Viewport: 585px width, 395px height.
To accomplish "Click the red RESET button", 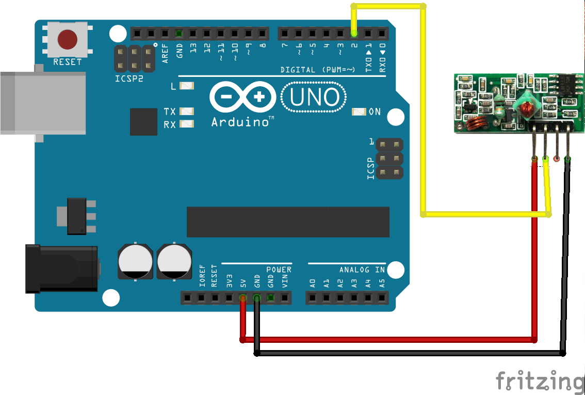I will tap(67, 39).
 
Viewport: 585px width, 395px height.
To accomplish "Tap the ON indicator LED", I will tap(359, 112).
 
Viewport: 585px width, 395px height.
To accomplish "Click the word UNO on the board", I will tap(315, 97).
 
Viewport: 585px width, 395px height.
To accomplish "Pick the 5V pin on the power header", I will tap(242, 297).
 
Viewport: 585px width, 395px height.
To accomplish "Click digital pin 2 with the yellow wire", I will tap(354, 34).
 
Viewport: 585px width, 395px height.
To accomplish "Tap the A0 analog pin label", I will tap(312, 283).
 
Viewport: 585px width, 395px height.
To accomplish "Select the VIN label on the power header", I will tap(284, 282).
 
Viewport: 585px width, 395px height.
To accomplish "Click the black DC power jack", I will tap(62, 268).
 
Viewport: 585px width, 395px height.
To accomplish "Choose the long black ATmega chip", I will tap(288, 222).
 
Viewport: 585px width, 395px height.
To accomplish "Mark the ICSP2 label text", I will tap(128, 79).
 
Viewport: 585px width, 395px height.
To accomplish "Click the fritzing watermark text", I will tap(540, 381).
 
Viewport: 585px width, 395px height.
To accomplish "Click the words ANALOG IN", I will tap(362, 270).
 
